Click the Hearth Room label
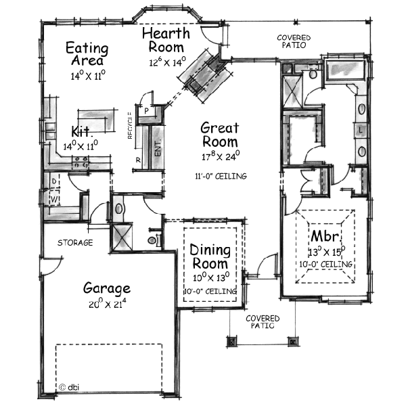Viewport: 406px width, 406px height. click(x=166, y=40)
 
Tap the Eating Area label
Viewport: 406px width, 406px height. click(x=87, y=54)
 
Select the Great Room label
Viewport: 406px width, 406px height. click(x=219, y=134)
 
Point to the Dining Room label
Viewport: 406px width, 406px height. click(x=210, y=256)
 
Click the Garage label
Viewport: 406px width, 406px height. click(x=106, y=288)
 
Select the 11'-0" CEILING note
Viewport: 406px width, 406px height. click(x=219, y=177)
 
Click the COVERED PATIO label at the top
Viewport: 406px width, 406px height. click(x=294, y=41)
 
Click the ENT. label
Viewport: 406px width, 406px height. click(x=158, y=150)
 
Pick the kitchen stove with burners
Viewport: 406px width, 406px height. click(x=82, y=162)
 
